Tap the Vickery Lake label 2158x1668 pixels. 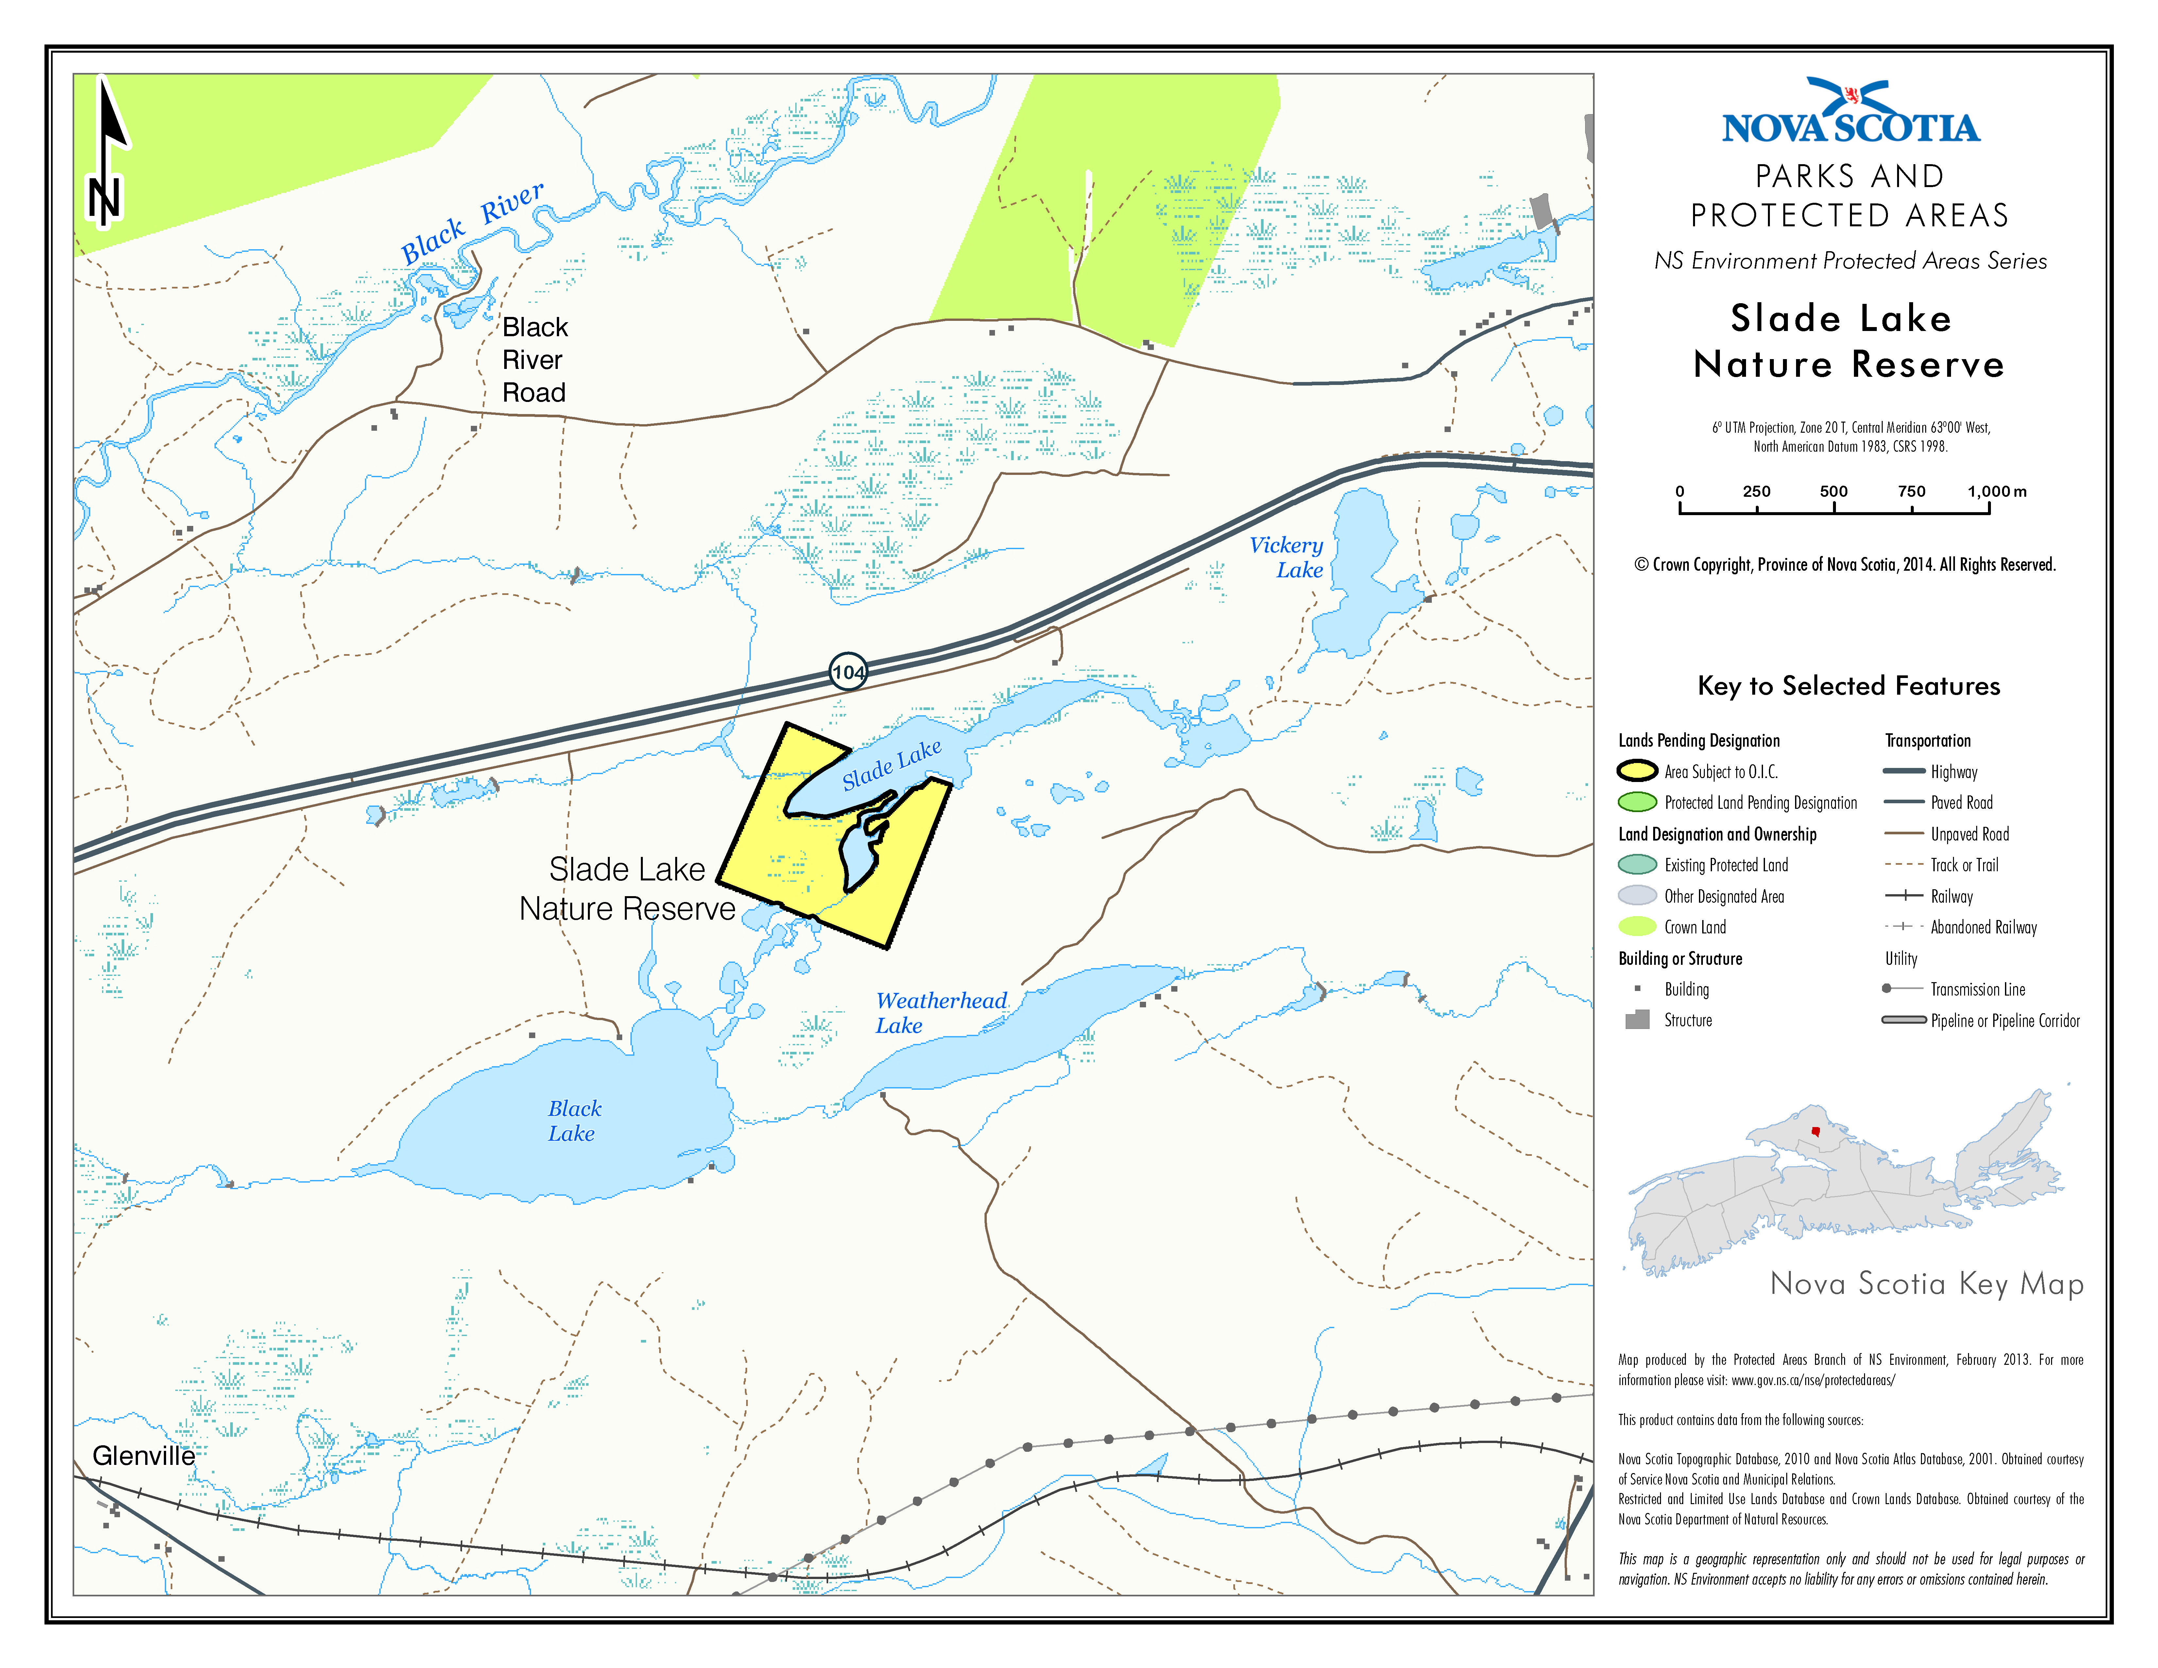(x=1287, y=557)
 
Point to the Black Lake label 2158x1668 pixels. (x=574, y=1121)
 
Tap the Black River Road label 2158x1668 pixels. (x=535, y=360)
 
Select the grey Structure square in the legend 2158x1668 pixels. (x=1637, y=1020)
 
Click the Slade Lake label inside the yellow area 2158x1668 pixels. (x=891, y=765)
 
